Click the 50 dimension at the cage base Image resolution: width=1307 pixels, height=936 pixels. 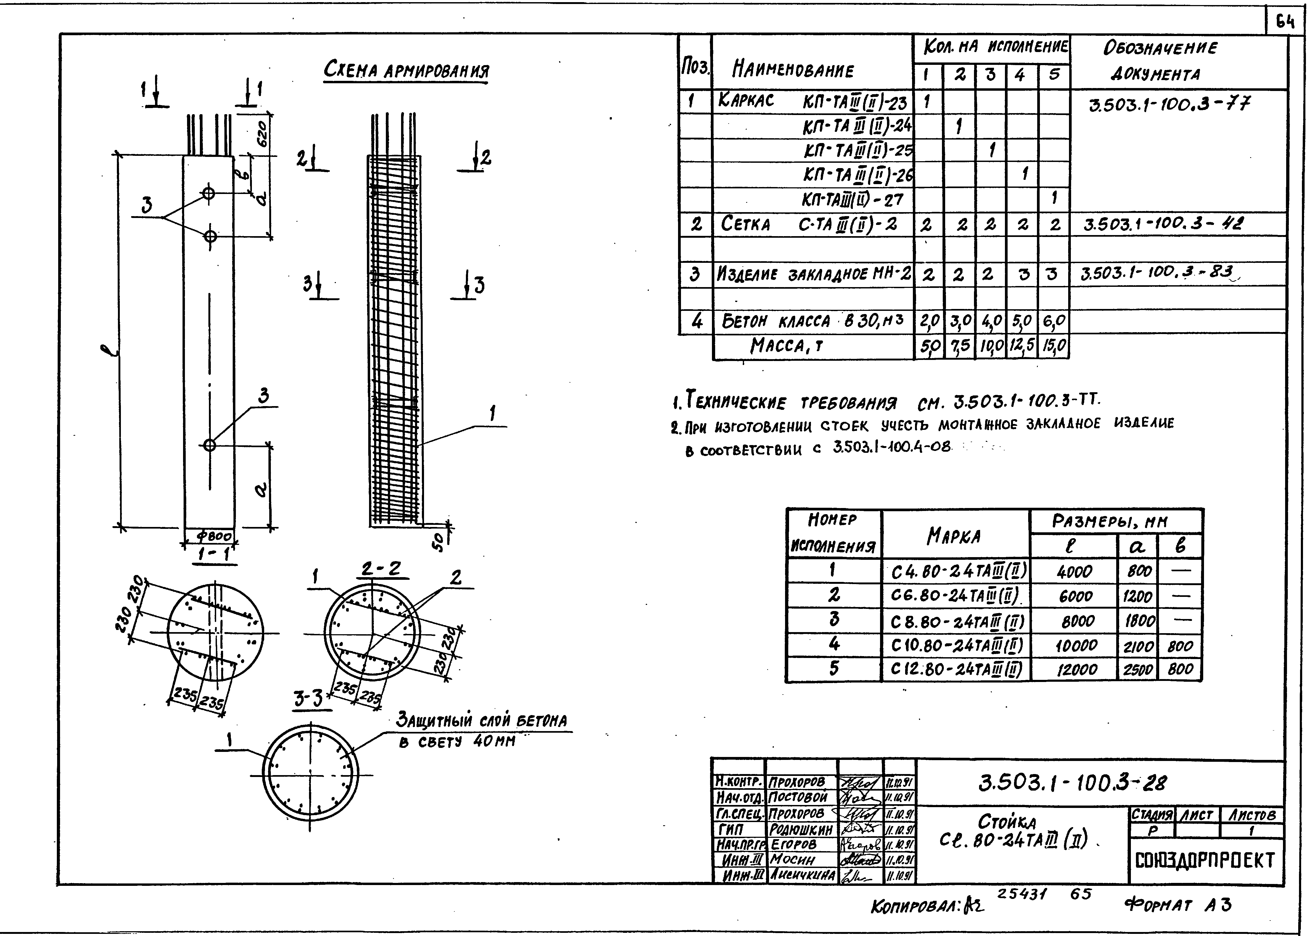[x=439, y=541]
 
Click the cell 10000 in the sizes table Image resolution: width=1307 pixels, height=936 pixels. [x=1075, y=645]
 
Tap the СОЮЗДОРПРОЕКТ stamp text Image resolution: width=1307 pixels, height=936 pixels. [x=1206, y=861]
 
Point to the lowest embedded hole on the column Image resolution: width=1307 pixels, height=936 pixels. [x=209, y=445]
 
